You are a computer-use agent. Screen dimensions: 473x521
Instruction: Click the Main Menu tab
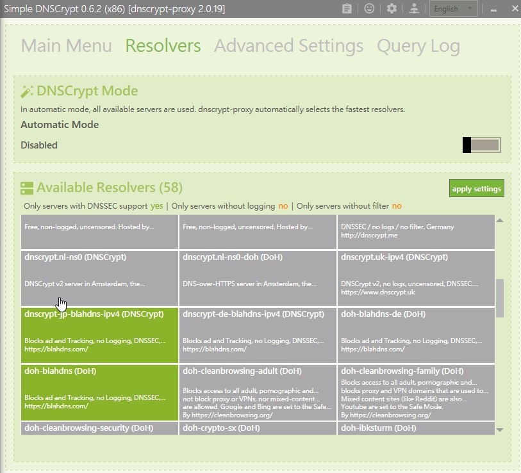click(66, 46)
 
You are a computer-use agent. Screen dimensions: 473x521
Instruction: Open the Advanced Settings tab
click(288, 46)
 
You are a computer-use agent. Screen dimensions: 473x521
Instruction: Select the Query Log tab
click(418, 46)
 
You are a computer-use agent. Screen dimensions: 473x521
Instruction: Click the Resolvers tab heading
click(163, 46)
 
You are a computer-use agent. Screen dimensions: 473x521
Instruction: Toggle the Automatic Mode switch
click(481, 145)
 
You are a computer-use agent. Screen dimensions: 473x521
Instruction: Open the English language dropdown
click(454, 9)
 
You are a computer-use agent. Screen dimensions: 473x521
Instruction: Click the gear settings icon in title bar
click(392, 9)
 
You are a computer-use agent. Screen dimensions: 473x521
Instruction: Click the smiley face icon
click(369, 9)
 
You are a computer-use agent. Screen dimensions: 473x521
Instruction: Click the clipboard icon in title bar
click(347, 9)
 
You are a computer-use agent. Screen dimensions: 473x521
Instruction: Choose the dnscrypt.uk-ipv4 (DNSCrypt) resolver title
click(393, 257)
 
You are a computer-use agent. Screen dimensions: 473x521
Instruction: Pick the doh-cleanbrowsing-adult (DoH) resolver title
click(242, 371)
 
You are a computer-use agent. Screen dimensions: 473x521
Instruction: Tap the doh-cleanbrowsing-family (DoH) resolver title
click(402, 371)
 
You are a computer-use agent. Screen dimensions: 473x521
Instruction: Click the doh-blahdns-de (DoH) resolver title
click(383, 314)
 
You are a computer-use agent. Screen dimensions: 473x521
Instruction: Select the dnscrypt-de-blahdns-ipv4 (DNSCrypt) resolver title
click(254, 314)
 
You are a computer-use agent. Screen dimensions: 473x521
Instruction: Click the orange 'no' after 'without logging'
click(283, 206)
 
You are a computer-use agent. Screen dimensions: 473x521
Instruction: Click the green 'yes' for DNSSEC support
click(157, 206)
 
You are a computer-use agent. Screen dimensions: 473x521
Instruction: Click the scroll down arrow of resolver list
click(500, 429)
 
